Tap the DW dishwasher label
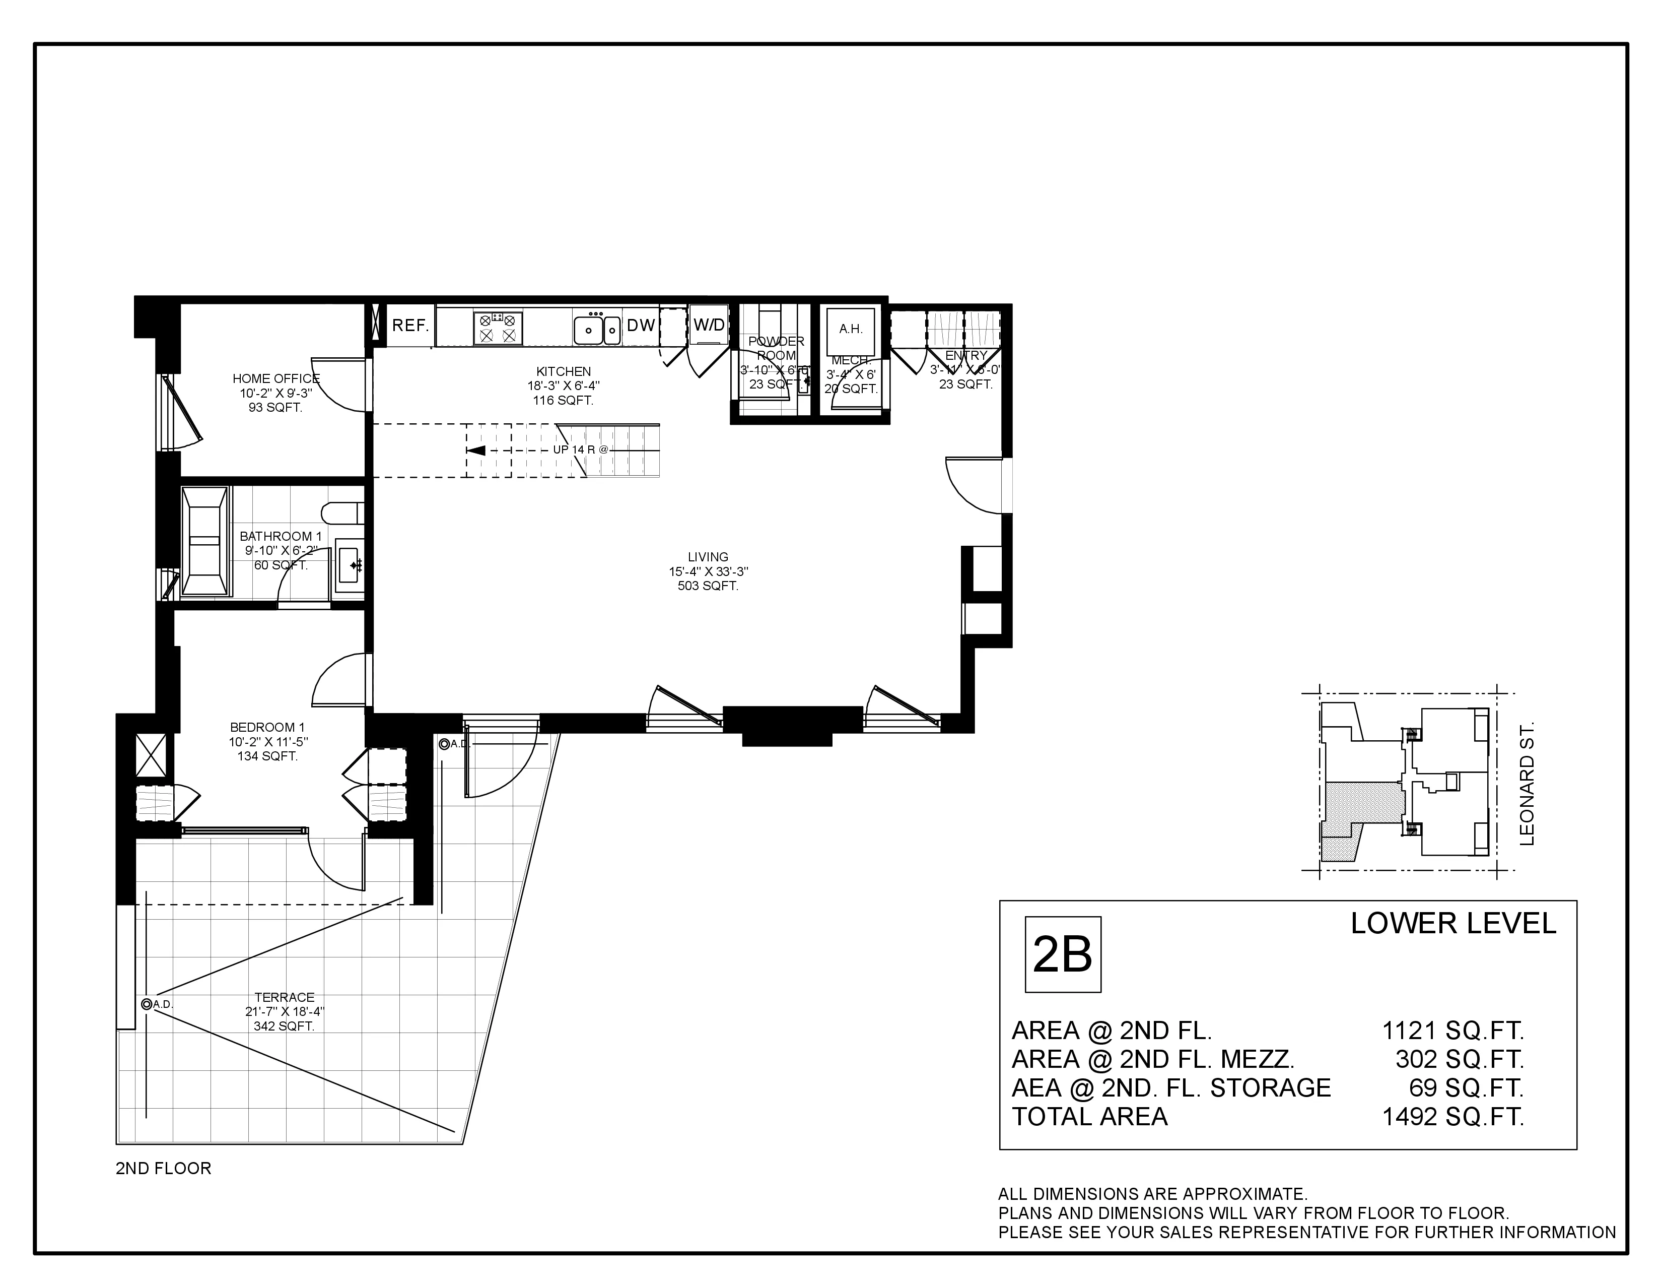point(641,326)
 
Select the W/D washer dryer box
point(709,325)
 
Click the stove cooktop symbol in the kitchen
point(498,328)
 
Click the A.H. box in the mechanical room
point(851,330)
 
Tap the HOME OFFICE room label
point(275,378)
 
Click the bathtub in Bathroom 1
point(204,541)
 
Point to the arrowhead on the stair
point(475,451)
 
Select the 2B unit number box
point(1062,954)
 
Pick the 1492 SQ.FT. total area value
point(1452,1117)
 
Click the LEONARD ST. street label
point(1528,784)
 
